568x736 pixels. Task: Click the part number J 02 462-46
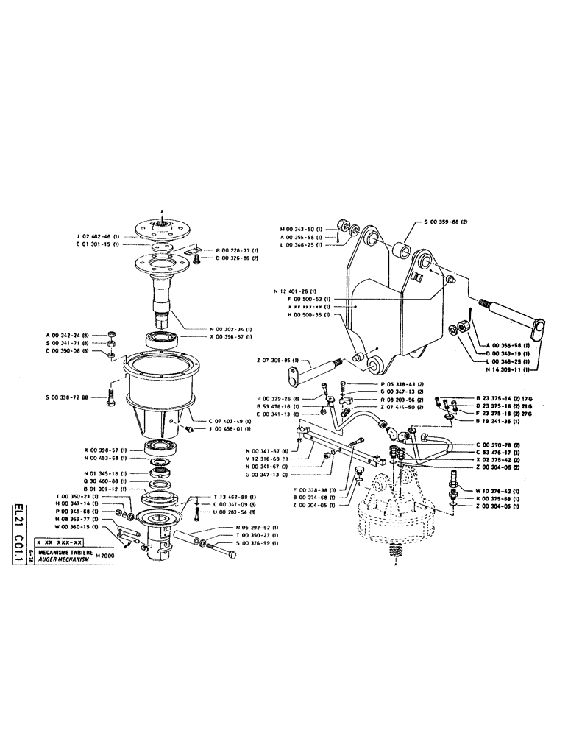tap(100, 236)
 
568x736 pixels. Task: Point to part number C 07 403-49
tap(228, 422)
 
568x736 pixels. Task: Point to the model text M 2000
tap(107, 557)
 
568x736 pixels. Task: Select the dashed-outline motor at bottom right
tap(397, 515)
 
